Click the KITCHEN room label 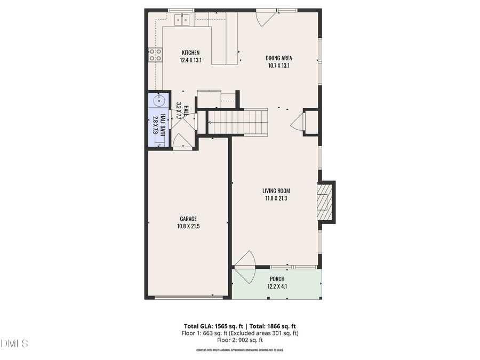coord(190,52)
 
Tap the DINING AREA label coord(278,58)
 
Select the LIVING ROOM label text coord(276,190)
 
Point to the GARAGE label coord(188,219)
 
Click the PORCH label coord(277,279)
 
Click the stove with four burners coord(155,54)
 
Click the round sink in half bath coord(159,100)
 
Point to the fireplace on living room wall coord(324,202)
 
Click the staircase coord(237,121)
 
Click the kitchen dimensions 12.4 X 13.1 coord(190,60)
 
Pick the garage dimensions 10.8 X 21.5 coord(188,226)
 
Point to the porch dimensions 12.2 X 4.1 coord(277,286)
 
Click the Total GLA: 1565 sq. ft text coord(211,326)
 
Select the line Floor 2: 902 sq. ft coord(239,340)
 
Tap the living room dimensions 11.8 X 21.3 coord(276,198)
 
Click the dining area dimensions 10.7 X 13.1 coord(278,66)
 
